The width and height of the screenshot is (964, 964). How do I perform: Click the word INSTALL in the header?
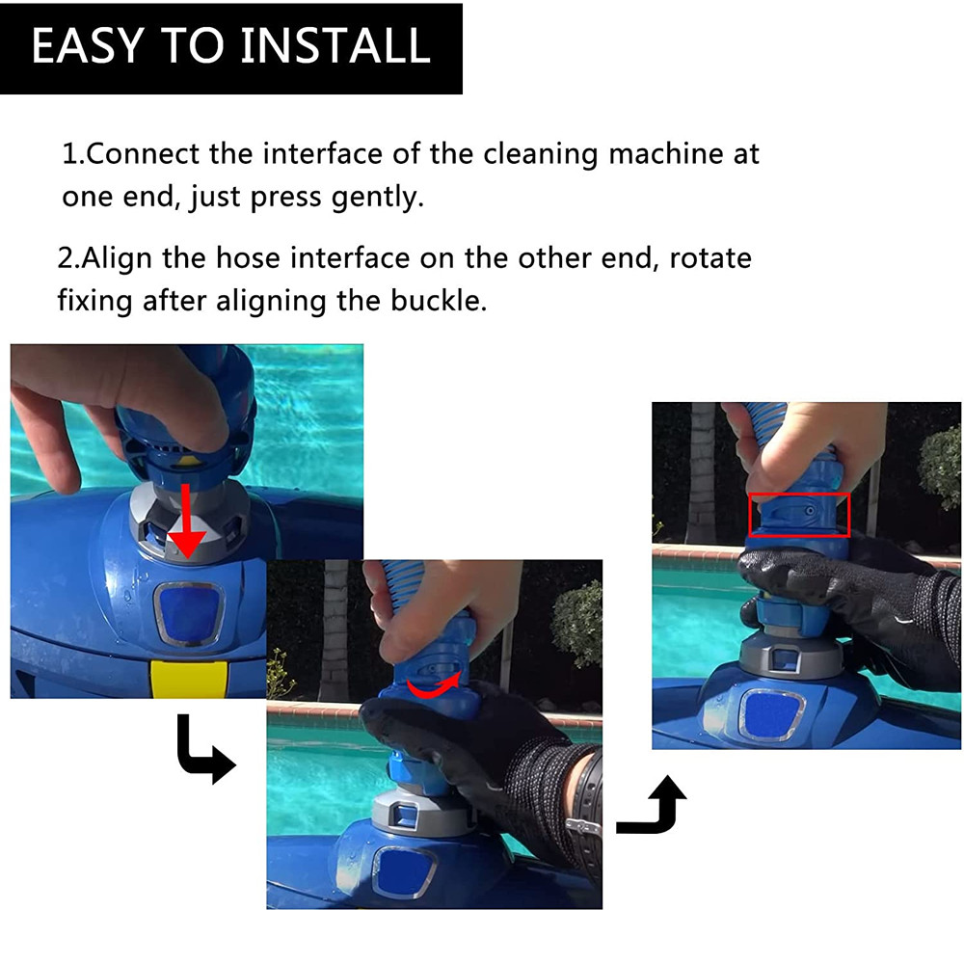pos(335,45)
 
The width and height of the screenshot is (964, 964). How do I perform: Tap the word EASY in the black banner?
pos(88,45)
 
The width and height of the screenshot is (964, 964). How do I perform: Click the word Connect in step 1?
pos(144,153)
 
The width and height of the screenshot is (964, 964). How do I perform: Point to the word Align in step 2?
pos(117,257)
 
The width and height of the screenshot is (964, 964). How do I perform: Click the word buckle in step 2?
pos(439,301)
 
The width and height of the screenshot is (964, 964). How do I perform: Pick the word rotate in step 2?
pos(710,258)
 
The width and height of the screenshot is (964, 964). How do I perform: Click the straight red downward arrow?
pos(186,522)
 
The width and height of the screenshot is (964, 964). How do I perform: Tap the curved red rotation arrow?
pos(434,687)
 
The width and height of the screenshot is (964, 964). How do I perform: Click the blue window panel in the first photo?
pos(188,613)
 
